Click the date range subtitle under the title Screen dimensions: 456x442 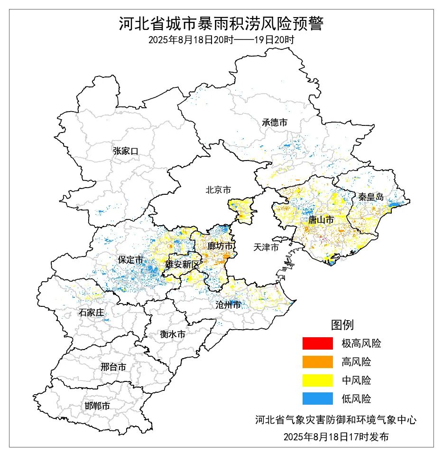tap(221, 40)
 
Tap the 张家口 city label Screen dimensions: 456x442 tap(126, 151)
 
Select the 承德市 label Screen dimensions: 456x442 tap(275, 122)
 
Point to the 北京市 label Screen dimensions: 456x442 tap(218, 190)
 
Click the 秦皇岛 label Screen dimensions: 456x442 tap(370, 197)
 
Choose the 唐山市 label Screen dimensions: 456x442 tap(321, 220)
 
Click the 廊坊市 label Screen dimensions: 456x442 tap(221, 246)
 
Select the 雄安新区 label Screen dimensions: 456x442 tap(183, 265)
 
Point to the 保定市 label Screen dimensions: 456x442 tap(131, 260)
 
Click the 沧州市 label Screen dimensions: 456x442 tap(228, 305)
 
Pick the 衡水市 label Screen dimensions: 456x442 tap(173, 334)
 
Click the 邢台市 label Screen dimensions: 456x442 tap(113, 367)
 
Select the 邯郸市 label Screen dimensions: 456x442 tap(97, 406)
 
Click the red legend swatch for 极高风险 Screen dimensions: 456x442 tap(318, 343)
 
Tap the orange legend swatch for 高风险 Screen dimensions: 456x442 tap(318, 362)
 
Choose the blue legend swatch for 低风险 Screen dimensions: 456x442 tap(318, 399)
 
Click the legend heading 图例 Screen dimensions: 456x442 tap(342, 325)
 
